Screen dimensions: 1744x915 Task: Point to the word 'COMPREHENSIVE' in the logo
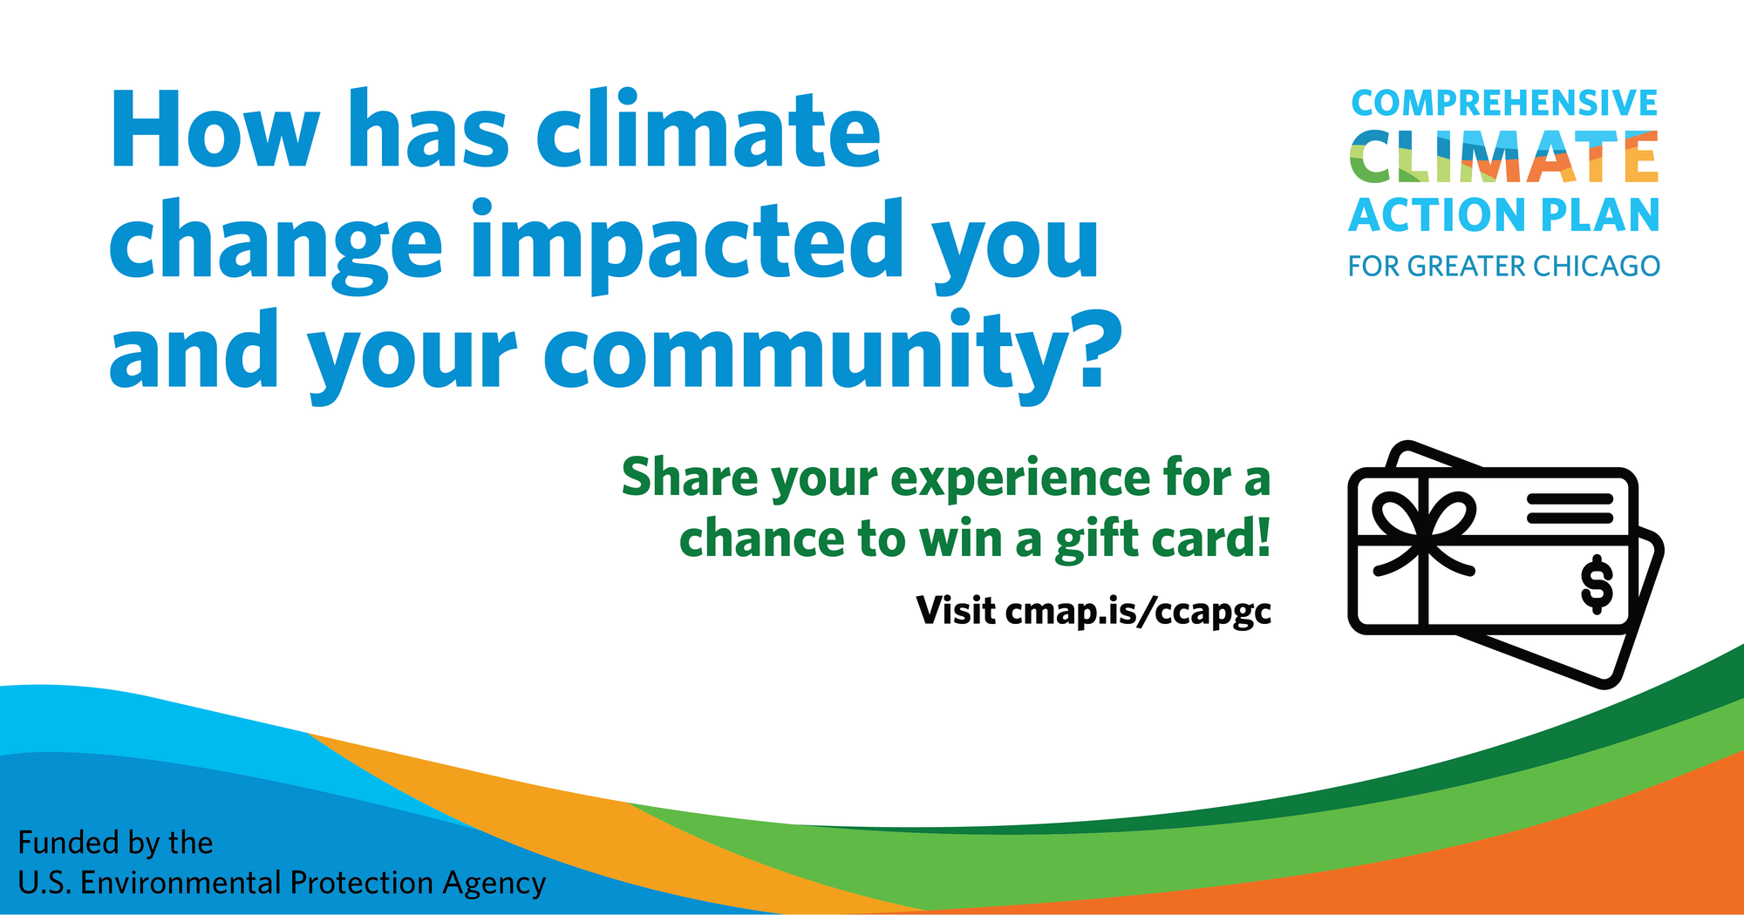(1504, 103)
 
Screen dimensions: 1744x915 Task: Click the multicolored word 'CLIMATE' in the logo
(1504, 157)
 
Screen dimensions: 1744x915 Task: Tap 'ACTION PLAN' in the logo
(1504, 215)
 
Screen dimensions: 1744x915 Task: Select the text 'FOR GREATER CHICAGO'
(1504, 266)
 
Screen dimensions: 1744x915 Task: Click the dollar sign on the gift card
(1597, 584)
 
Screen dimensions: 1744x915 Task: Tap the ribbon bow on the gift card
(1423, 532)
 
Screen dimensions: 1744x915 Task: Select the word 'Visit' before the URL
(956, 610)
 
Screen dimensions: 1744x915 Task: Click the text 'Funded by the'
(115, 843)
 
